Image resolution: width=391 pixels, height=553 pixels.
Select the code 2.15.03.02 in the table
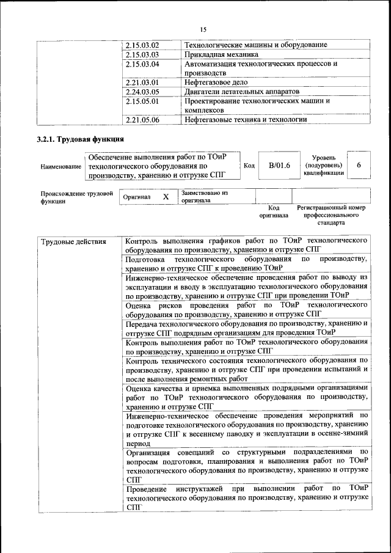(142, 45)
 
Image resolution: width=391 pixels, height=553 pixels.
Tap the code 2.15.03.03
(142, 54)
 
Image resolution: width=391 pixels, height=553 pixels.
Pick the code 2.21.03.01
(142, 82)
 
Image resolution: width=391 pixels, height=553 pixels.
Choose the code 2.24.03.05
(142, 92)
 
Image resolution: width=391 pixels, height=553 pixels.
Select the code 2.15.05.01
(142, 101)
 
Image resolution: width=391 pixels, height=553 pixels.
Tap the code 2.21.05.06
(142, 120)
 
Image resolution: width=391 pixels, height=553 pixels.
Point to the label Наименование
(60, 166)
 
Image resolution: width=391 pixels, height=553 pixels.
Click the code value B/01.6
(279, 166)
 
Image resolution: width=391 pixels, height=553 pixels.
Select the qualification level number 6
(359, 166)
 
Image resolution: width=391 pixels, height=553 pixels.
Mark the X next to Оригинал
(165, 197)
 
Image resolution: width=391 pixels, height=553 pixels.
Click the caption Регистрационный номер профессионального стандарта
(331, 215)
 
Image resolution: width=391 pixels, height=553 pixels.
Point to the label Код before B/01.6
(249, 166)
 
